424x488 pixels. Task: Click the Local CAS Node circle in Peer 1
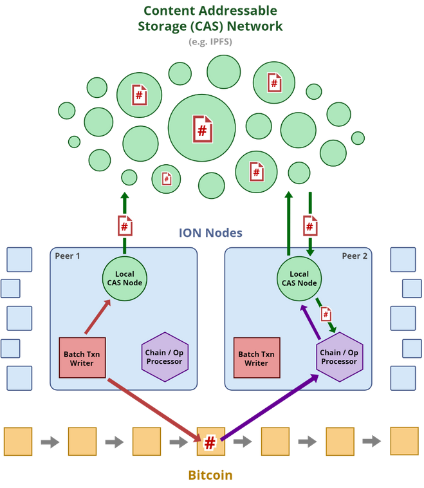click(x=124, y=279)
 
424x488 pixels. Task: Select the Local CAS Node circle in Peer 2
click(x=299, y=279)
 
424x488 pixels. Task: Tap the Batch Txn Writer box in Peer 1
click(x=82, y=358)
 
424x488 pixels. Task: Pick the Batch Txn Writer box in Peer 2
click(x=257, y=358)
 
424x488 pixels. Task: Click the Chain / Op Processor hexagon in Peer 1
click(x=165, y=357)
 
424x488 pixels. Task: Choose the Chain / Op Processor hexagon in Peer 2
click(x=339, y=357)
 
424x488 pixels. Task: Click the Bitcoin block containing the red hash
click(x=211, y=442)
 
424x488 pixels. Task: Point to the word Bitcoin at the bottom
click(x=210, y=475)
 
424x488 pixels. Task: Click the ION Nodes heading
click(x=210, y=233)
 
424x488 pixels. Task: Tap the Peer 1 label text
click(x=67, y=256)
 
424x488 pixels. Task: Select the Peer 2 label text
click(x=355, y=256)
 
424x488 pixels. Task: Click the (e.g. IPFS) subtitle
click(x=210, y=42)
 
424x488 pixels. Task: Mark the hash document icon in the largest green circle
click(x=203, y=129)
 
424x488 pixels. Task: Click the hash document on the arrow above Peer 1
click(x=125, y=225)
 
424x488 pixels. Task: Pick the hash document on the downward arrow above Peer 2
click(x=310, y=225)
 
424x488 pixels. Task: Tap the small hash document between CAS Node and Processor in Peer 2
click(x=326, y=314)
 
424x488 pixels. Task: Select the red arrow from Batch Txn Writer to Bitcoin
click(x=154, y=410)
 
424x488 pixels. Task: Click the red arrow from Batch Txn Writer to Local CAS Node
click(x=98, y=317)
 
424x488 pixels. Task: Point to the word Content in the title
click(x=170, y=11)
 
